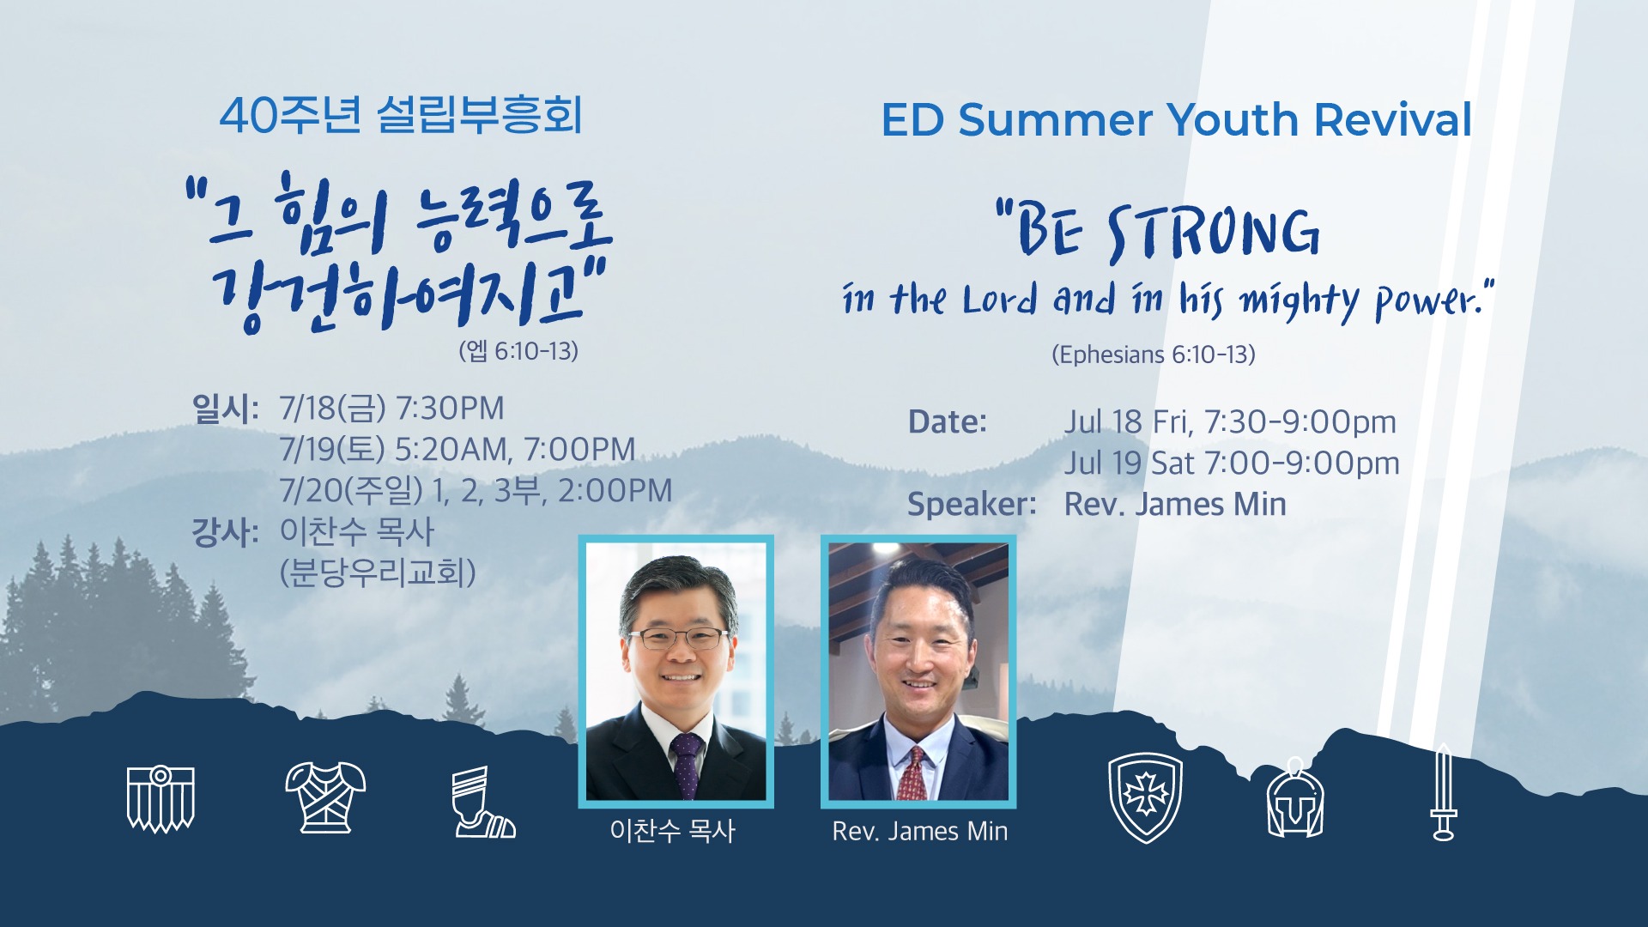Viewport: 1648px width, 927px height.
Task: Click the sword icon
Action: pos(1444,791)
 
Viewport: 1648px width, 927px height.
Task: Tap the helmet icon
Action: pos(1295,798)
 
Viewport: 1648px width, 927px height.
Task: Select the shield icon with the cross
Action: pos(1145,797)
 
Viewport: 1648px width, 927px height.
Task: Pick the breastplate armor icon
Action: pos(325,797)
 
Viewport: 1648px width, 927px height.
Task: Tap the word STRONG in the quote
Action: pos(1214,233)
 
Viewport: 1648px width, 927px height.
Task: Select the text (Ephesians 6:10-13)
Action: pos(1154,354)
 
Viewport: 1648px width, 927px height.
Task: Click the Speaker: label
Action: pos(972,504)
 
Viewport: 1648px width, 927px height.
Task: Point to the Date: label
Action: pos(948,421)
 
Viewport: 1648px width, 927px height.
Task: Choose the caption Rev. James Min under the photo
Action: pos(920,831)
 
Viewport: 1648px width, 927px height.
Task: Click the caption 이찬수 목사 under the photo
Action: pos(673,831)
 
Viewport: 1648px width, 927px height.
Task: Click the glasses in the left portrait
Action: pos(678,639)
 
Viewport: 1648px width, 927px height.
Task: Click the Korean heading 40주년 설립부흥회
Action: pos(401,115)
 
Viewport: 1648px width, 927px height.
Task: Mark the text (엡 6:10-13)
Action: pos(518,351)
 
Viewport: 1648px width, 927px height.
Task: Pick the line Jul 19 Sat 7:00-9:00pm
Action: pos(1232,463)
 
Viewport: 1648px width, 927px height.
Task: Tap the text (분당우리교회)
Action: pos(378,573)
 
